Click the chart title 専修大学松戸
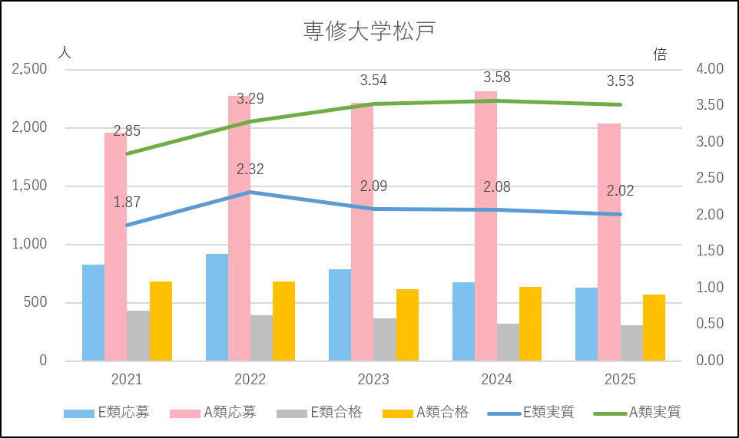pos(369,31)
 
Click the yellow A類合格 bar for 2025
pos(654,328)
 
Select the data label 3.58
pos(496,77)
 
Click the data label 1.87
pos(127,203)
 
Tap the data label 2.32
pos(250,170)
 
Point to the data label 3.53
pos(620,81)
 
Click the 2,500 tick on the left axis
pos(30,69)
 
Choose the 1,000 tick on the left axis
pos(30,244)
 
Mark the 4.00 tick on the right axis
pos(710,69)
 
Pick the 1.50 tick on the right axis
pos(710,251)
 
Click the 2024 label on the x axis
pos(496,380)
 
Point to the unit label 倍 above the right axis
pos(660,54)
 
